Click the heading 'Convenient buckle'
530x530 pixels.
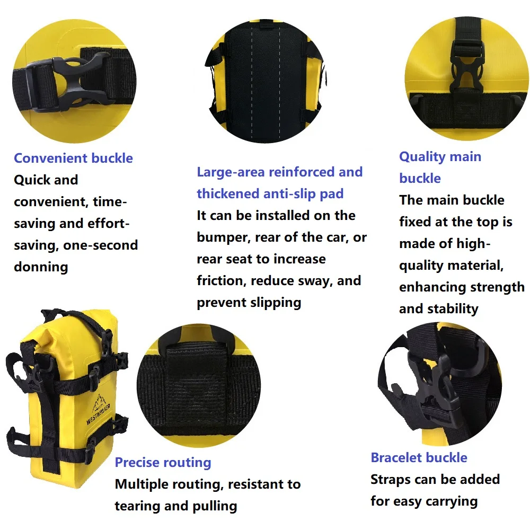(x=73, y=158)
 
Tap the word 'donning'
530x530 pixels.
(x=41, y=267)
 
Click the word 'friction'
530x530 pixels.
(x=222, y=280)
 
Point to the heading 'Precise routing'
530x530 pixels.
(x=163, y=463)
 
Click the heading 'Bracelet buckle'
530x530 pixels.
(x=419, y=458)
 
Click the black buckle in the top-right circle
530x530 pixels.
(x=466, y=68)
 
